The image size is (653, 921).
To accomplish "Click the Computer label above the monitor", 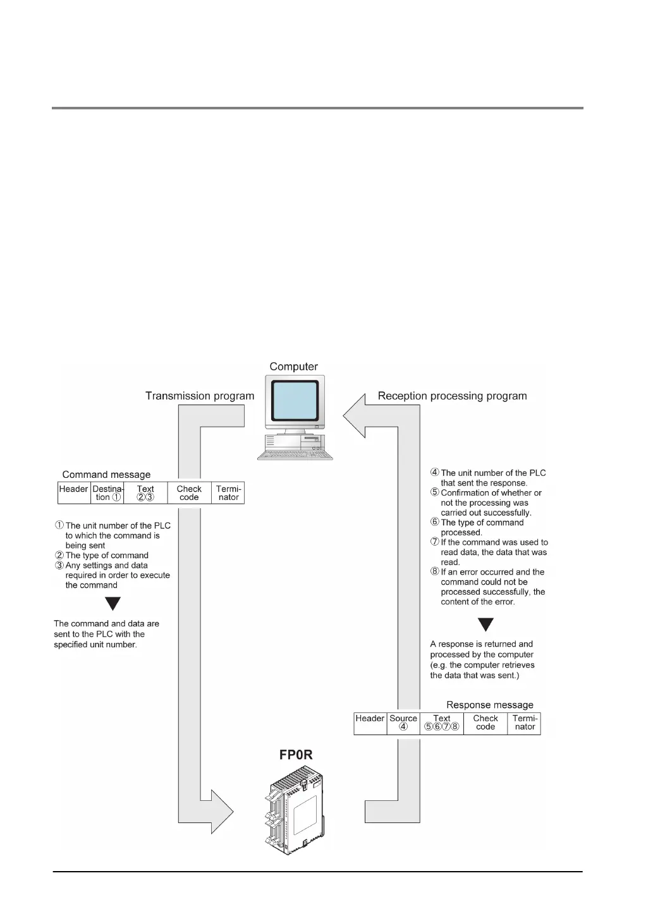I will [293, 367].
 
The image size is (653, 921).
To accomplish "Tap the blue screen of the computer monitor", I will [295, 400].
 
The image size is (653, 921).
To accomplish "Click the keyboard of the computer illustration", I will [295, 454].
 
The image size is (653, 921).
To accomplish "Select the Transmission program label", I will [200, 396].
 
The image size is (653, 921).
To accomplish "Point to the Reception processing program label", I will [452, 396].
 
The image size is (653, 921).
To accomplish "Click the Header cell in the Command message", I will [73, 492].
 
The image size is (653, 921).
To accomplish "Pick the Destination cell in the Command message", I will [107, 492].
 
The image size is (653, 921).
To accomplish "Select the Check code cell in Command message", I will [189, 492].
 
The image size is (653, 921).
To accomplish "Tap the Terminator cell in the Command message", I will [228, 492].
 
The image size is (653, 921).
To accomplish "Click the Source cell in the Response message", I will [403, 723].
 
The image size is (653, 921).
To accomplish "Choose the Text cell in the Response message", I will [442, 723].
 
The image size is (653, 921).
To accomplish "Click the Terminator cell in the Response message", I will [525, 723].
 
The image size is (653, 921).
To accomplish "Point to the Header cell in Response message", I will [370, 723].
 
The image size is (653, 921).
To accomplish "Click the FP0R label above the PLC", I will [296, 755].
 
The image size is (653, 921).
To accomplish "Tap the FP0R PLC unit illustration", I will [296, 812].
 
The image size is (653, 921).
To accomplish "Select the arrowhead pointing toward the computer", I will [355, 416].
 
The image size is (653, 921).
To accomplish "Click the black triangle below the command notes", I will [113, 604].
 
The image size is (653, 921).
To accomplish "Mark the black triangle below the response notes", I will [485, 625].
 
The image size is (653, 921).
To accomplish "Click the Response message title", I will [490, 705].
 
